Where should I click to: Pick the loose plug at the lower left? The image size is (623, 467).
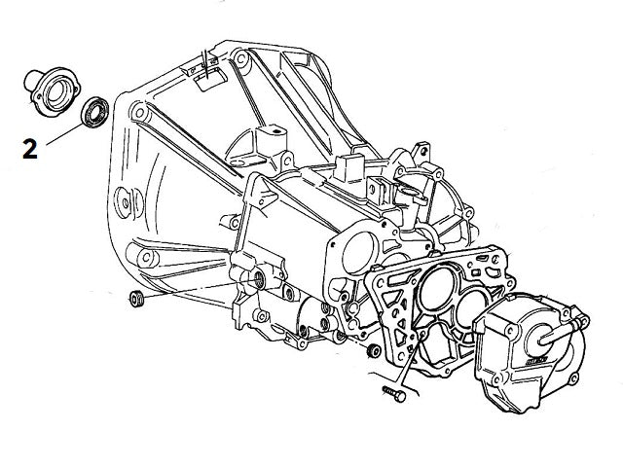(x=136, y=297)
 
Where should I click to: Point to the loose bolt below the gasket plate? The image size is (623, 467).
(x=392, y=395)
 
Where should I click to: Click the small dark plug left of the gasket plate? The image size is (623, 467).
(x=375, y=348)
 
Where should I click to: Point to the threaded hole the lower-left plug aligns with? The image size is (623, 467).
(x=259, y=282)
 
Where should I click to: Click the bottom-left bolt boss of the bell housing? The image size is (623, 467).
(x=146, y=257)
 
